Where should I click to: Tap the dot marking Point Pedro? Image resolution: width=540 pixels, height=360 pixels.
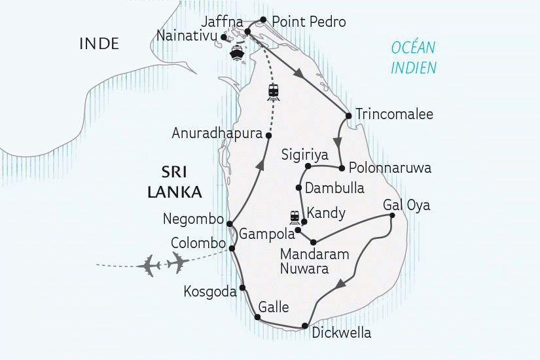tap(263, 20)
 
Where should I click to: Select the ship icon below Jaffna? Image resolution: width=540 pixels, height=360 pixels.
tap(237, 54)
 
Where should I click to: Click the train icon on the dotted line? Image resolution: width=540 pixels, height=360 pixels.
tap(274, 92)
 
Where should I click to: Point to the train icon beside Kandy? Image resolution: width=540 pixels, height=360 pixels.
tap(295, 217)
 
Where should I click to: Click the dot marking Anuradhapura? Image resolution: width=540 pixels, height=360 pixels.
tap(268, 134)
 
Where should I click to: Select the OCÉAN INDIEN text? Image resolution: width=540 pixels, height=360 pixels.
tap(413, 58)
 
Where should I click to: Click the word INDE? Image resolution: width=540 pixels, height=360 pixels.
tap(99, 44)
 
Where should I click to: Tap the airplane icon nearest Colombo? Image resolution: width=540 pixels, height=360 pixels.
tap(177, 262)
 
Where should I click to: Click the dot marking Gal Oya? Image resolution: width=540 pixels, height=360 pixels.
tap(391, 215)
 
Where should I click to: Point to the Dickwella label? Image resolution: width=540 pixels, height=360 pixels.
tap(341, 333)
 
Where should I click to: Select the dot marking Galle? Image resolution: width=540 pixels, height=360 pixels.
tap(257, 317)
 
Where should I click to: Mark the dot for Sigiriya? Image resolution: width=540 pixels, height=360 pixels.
tap(308, 166)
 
